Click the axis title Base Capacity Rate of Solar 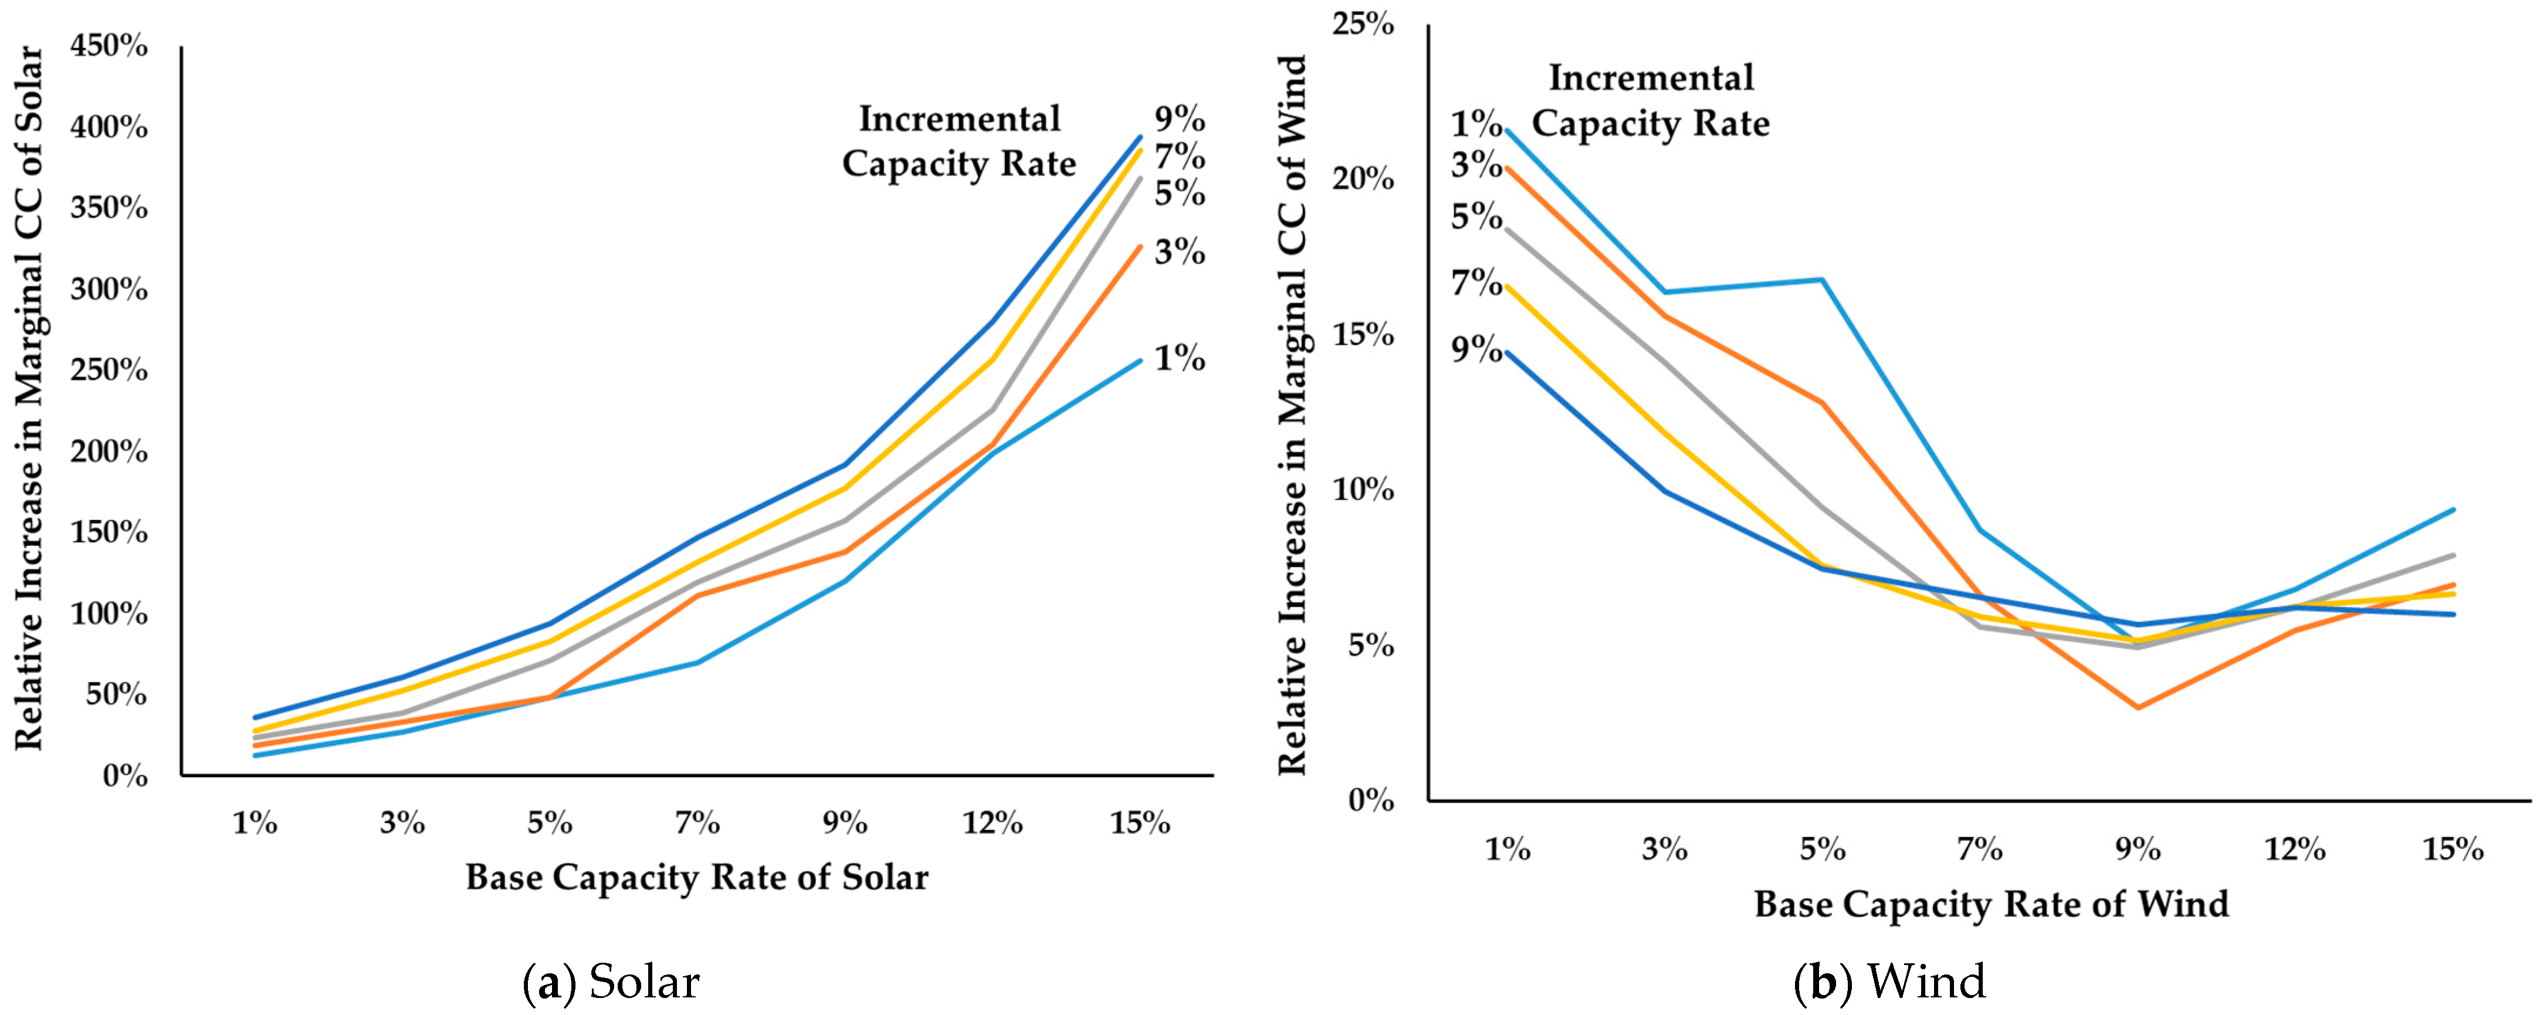pyautogui.click(x=697, y=877)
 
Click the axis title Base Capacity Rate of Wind pyautogui.click(x=1992, y=903)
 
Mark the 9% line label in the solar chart pyautogui.click(x=1180, y=119)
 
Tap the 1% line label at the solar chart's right pyautogui.click(x=1180, y=358)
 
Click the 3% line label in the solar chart pyautogui.click(x=1180, y=252)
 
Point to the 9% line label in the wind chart pyautogui.click(x=1476, y=349)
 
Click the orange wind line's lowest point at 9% pyautogui.click(x=2138, y=707)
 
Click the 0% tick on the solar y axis pyautogui.click(x=124, y=776)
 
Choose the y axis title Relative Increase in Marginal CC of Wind pyautogui.click(x=1293, y=415)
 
